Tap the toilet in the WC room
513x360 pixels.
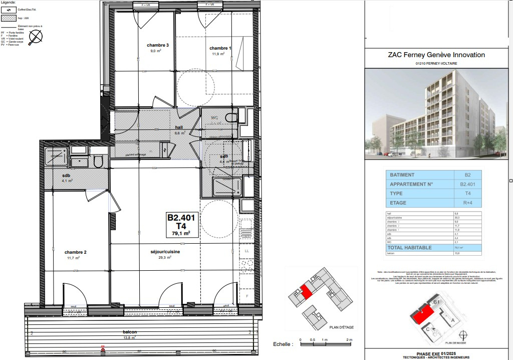[231, 118]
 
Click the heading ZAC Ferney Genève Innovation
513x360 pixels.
[436, 55]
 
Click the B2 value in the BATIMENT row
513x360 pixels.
[467, 175]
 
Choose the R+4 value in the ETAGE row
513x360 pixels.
[467, 203]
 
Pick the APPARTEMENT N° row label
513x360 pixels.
[411, 185]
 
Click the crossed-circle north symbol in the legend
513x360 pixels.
[36, 37]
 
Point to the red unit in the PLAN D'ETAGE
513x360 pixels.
[305, 290]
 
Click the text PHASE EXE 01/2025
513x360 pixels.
[436, 352]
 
